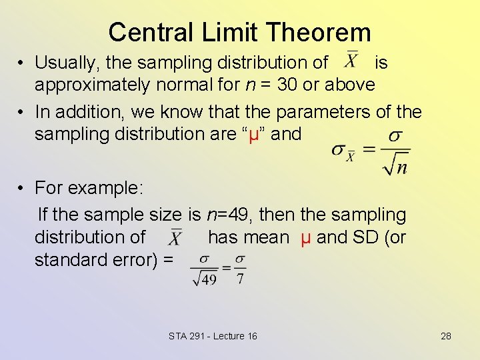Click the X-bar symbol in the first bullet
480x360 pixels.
tap(351, 60)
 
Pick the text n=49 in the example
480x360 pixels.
tap(227, 215)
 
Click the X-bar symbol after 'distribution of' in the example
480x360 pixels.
tap(175, 237)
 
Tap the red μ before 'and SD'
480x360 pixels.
tap(305, 237)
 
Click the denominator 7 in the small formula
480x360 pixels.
tap(240, 279)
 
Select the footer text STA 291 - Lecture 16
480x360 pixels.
tap(213, 336)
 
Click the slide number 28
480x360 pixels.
tap(445, 336)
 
